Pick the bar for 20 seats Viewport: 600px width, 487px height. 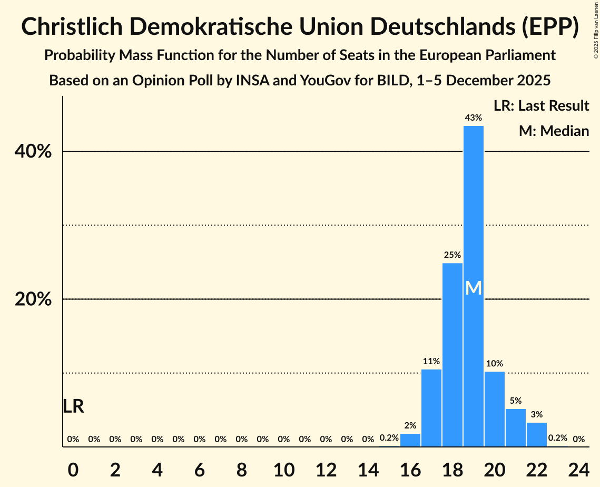tap(495, 409)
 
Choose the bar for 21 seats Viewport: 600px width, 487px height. tap(516, 427)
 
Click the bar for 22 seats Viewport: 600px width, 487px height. tap(537, 434)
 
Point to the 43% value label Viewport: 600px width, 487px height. tap(474, 118)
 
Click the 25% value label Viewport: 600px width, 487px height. tap(453, 255)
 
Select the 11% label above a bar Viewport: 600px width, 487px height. tap(431, 362)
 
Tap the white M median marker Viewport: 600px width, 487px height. tap(474, 288)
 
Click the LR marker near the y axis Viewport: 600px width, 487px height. tap(73, 406)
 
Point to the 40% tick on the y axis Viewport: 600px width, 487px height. tap(33, 152)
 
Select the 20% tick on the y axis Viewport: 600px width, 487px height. tap(33, 299)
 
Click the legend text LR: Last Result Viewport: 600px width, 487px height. tap(541, 106)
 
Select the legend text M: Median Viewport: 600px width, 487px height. tap(554, 131)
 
